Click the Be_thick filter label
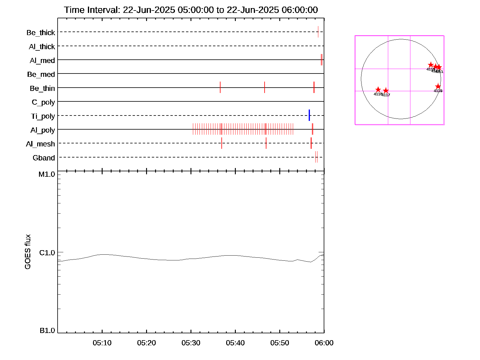pos(41,33)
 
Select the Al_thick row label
pos(42,47)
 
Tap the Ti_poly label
pos(43,116)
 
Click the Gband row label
pos(44,158)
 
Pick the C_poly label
pos(43,103)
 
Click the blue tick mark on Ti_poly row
pos(309,115)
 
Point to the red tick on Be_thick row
pos(318,32)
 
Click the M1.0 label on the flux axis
pos(47,174)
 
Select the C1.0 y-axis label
pos(47,253)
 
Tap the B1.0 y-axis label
pos(47,331)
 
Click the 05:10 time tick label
pos(102,343)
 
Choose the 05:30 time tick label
pos(191,343)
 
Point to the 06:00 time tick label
pos(324,343)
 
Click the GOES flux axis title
pos(28,252)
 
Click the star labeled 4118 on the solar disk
pos(378,90)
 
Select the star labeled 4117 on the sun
pos(386,91)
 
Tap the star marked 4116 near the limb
pos(438,86)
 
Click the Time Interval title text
pos(191,10)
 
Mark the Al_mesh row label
pos(40,144)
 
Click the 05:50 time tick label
pos(280,343)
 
